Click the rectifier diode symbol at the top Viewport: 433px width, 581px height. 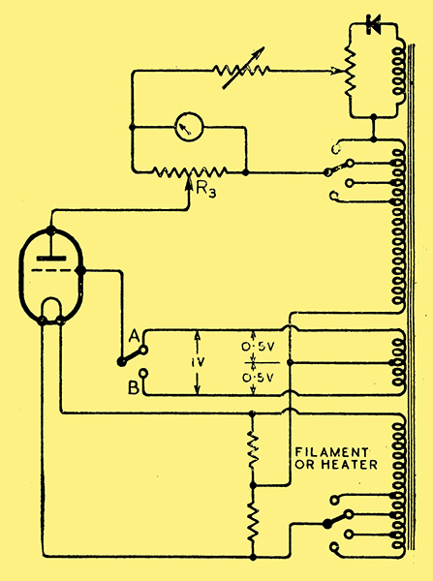373,24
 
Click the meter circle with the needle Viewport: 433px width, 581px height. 189,127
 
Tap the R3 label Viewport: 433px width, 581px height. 206,190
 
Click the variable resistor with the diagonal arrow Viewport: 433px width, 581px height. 241,70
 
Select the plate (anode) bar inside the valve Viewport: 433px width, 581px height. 51,259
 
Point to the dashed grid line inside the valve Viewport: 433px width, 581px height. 50,270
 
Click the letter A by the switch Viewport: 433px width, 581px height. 134,337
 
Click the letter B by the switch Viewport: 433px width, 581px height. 134,387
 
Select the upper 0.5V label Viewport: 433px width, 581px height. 258,348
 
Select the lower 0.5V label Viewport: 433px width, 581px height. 258,378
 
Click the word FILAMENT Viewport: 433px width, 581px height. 332,452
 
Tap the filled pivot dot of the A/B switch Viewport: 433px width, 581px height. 121,362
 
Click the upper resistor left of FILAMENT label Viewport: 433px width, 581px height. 253,448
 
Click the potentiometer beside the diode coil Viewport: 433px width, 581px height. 350,71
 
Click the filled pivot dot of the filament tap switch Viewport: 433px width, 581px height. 327,524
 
